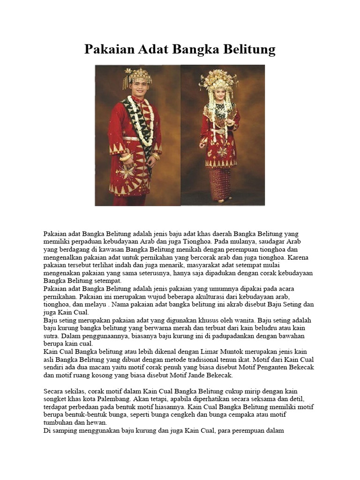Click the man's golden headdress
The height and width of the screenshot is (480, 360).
(137, 75)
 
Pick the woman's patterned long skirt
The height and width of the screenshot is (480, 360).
(220, 183)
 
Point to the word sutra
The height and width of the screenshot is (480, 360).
(51, 336)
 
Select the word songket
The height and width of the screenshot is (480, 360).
(56, 399)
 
